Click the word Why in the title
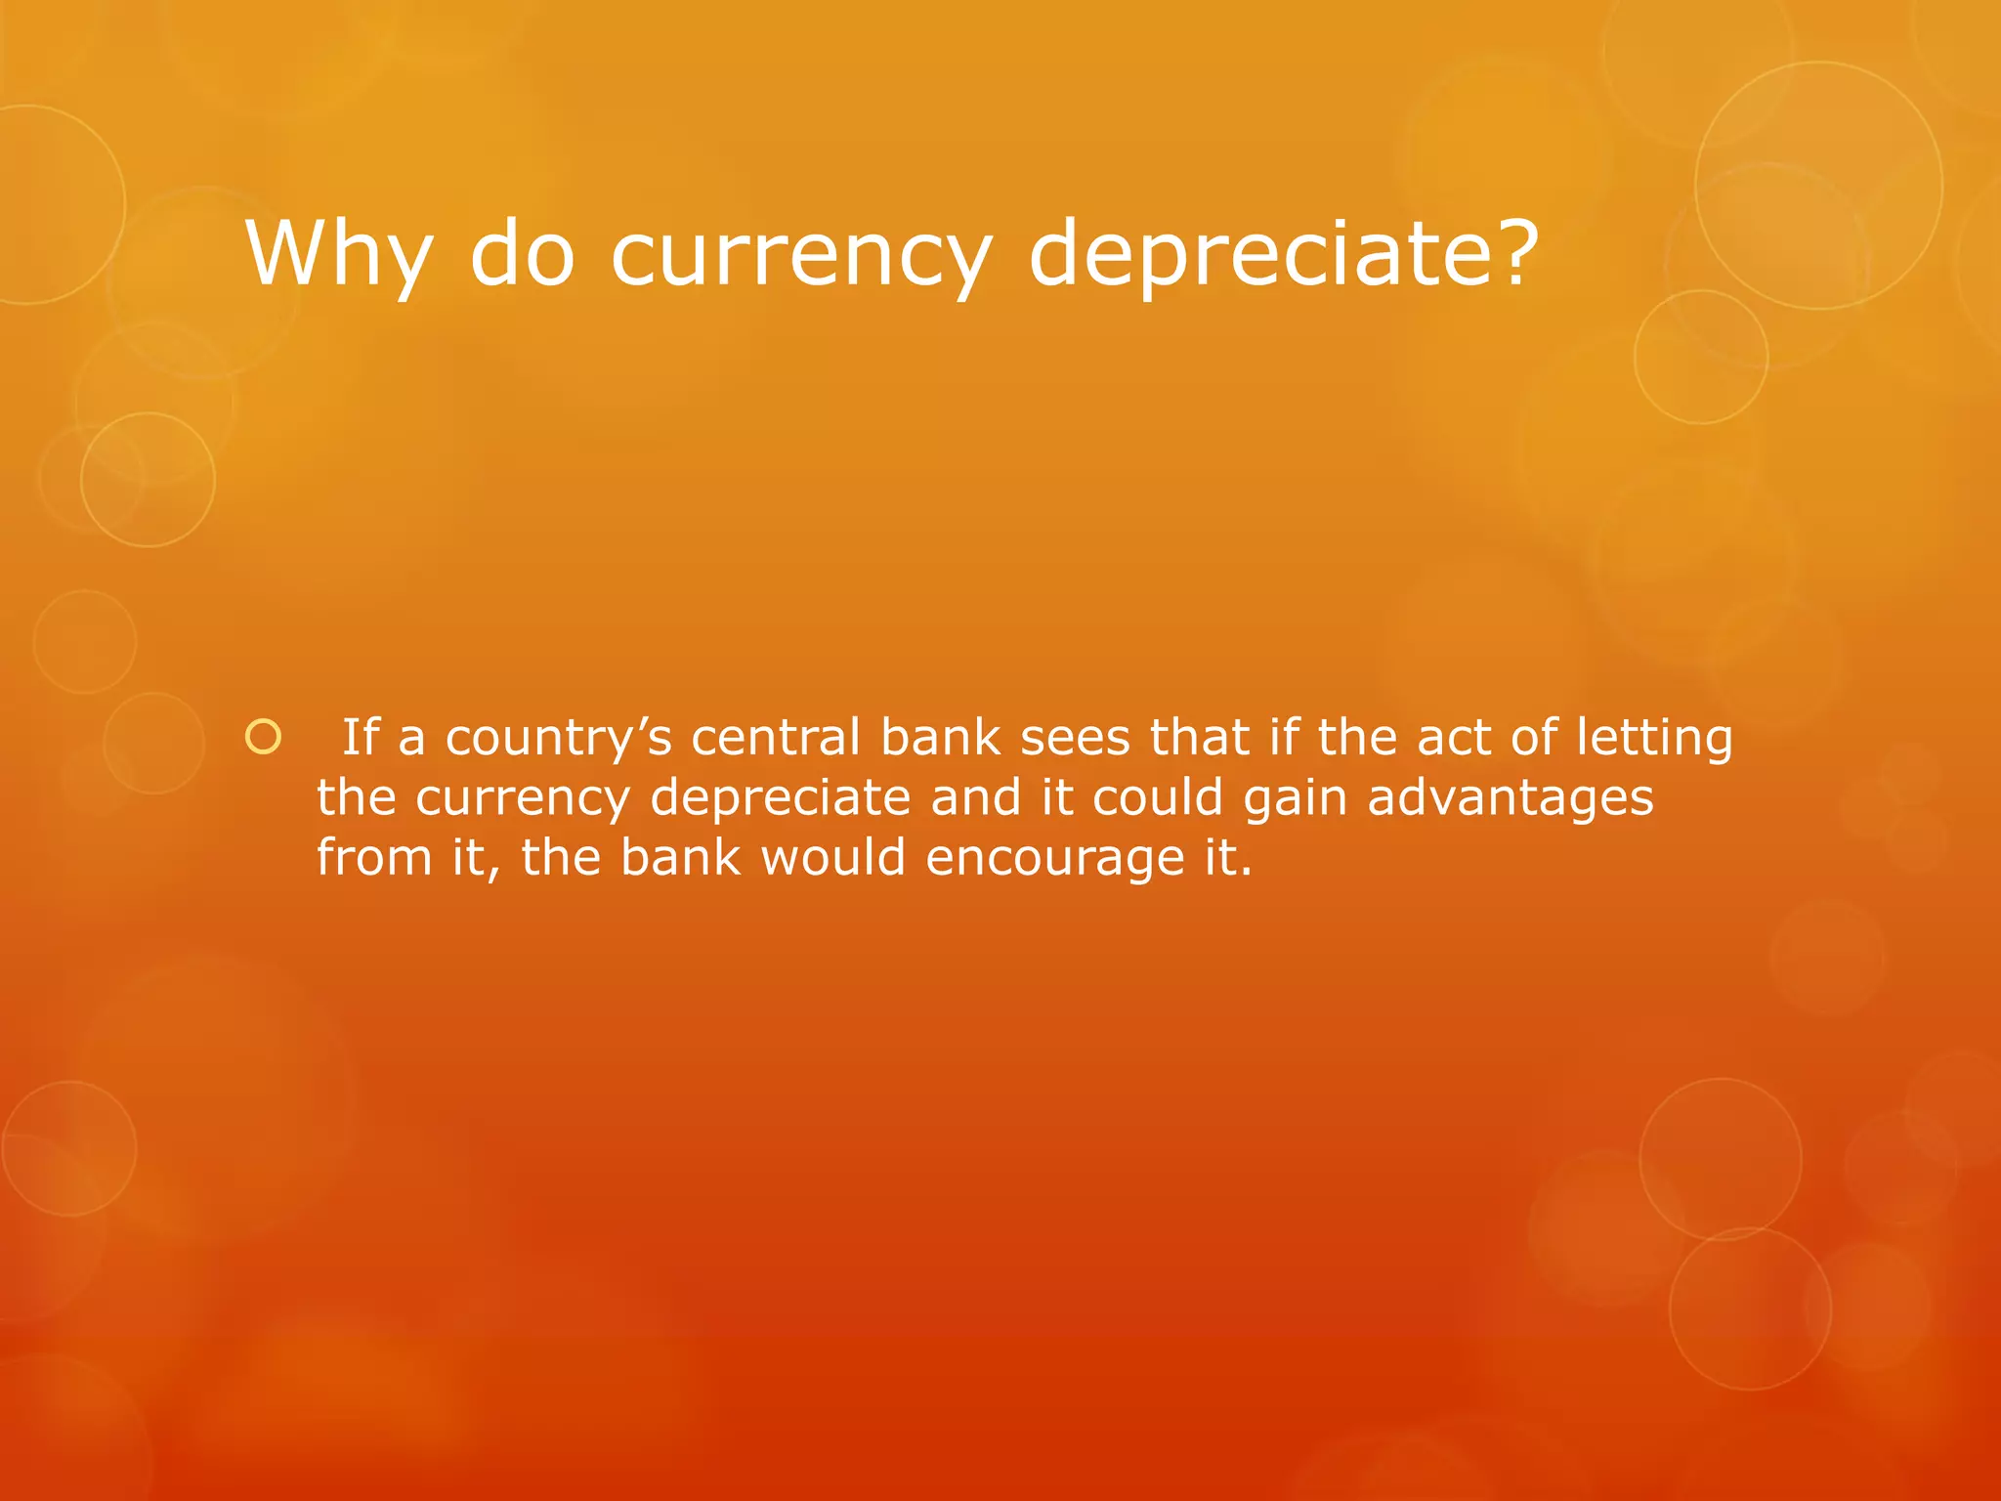click(338, 254)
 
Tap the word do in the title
click(523, 254)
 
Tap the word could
click(1158, 798)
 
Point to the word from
click(374, 858)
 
